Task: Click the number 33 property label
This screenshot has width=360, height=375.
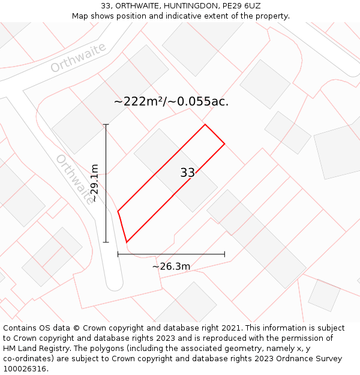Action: pyautogui.click(x=187, y=173)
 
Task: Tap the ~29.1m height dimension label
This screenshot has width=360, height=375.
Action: pyautogui.click(x=94, y=184)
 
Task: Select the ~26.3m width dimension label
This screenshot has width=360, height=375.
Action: pyautogui.click(x=171, y=266)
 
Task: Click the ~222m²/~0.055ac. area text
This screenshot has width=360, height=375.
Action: pyautogui.click(x=171, y=101)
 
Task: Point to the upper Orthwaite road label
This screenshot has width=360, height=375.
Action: pyautogui.click(x=78, y=58)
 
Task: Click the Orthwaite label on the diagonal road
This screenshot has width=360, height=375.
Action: pyautogui.click(x=75, y=179)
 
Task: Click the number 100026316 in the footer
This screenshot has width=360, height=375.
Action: pyautogui.click(x=25, y=369)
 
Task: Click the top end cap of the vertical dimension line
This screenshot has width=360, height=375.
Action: pyautogui.click(x=106, y=124)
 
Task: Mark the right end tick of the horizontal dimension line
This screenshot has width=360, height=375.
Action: pyautogui.click(x=224, y=254)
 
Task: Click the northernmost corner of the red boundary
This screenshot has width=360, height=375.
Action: pyautogui.click(x=205, y=125)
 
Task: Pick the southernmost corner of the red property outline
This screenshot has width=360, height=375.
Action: pyautogui.click(x=127, y=242)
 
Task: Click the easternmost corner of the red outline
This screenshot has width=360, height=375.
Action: pyautogui.click(x=224, y=144)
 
